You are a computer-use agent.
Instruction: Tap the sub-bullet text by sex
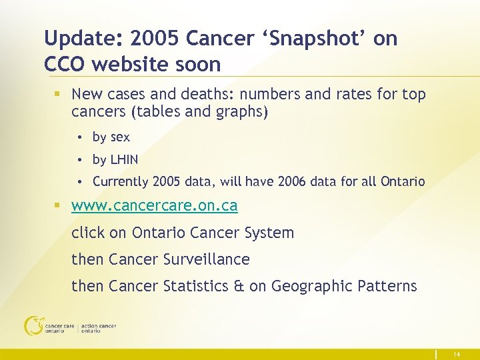(111, 137)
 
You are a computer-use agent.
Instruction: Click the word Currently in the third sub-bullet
(120, 181)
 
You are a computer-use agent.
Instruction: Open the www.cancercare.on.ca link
(154, 206)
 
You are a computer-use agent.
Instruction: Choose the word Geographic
(309, 287)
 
